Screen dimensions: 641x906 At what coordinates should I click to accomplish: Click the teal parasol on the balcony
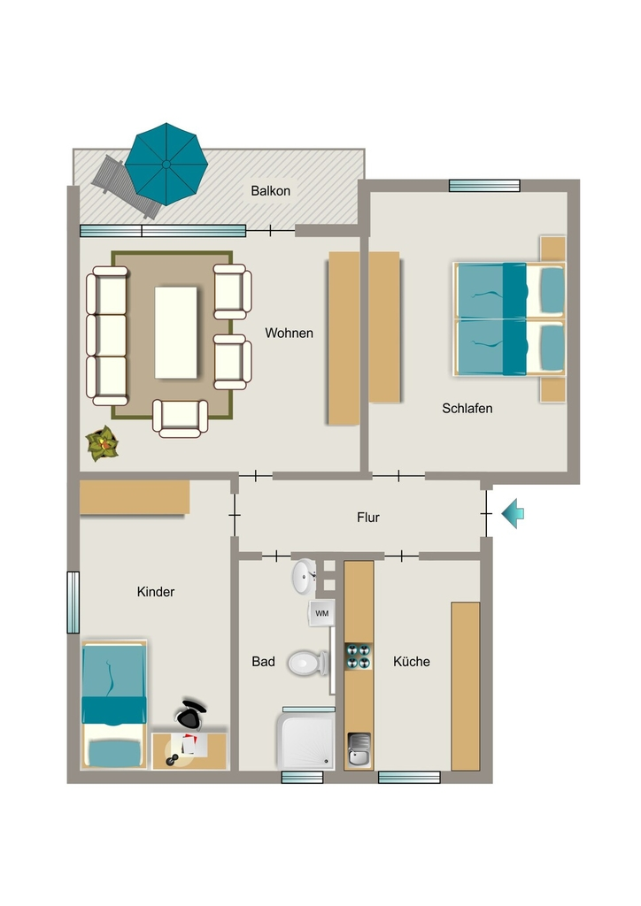(x=166, y=164)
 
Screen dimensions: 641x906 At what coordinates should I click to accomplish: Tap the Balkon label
(x=271, y=191)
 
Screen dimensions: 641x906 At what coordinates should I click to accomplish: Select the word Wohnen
(x=289, y=333)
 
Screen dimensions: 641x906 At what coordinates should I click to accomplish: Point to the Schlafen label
(x=467, y=408)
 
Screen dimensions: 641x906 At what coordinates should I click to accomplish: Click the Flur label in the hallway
(x=368, y=517)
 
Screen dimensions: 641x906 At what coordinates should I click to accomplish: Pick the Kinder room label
(x=156, y=592)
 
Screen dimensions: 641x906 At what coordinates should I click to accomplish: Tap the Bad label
(x=263, y=662)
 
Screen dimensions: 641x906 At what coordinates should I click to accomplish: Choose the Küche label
(x=412, y=662)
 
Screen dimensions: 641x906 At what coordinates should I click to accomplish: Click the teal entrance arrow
(x=513, y=513)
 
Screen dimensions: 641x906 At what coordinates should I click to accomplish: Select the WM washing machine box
(x=322, y=613)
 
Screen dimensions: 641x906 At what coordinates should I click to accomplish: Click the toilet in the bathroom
(x=308, y=663)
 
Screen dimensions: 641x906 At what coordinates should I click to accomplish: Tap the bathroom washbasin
(x=304, y=577)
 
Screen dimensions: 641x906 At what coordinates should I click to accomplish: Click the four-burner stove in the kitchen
(x=359, y=656)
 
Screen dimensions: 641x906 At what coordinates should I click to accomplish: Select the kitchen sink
(x=359, y=749)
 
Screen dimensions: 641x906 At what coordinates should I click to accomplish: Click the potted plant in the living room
(x=103, y=443)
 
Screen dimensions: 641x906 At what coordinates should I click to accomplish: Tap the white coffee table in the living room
(x=175, y=333)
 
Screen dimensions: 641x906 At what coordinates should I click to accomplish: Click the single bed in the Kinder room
(x=114, y=703)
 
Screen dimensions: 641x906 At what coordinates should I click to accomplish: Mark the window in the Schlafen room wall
(x=484, y=186)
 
